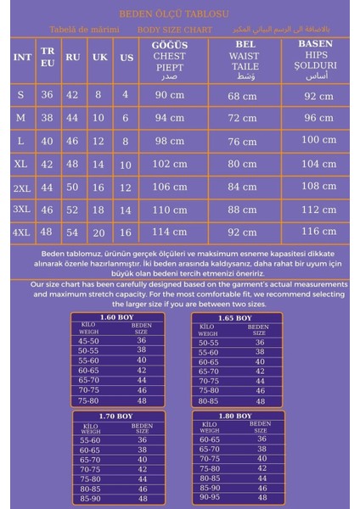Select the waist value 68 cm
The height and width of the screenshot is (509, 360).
coord(243,94)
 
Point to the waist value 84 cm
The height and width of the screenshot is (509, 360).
coord(243,186)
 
